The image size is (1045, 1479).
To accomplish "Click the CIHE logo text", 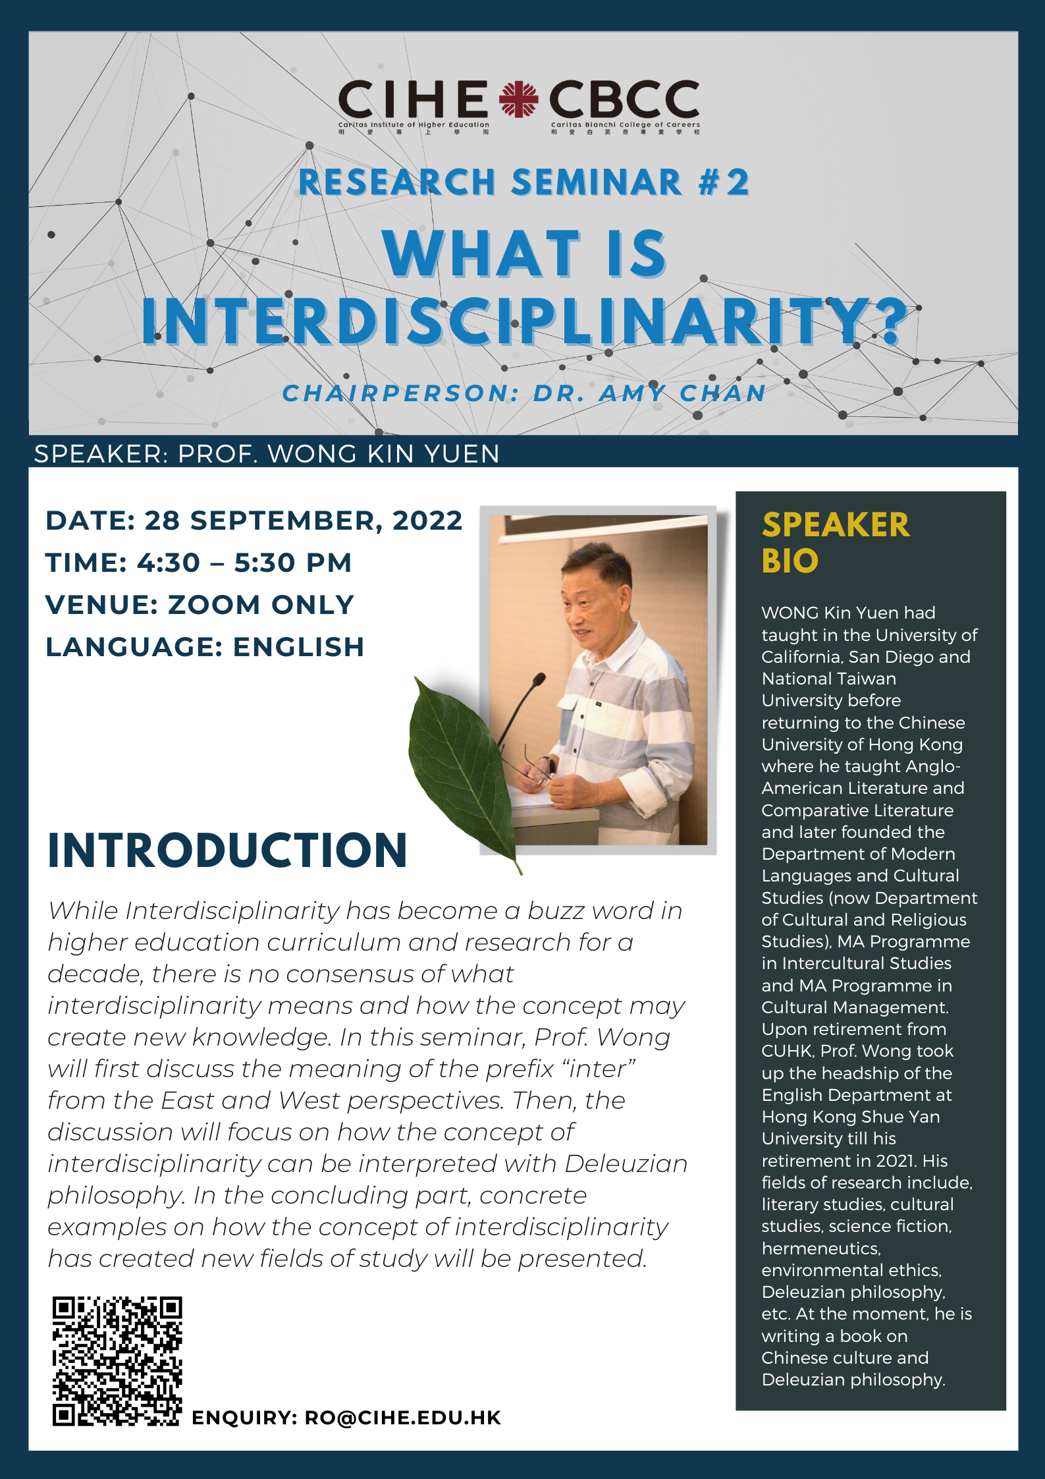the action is pyautogui.click(x=413, y=99).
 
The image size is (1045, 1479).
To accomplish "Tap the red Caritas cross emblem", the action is pyautogui.click(x=518, y=99).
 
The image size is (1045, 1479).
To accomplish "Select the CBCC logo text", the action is pyautogui.click(x=624, y=99).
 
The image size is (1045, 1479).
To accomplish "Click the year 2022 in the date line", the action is pyautogui.click(x=428, y=520).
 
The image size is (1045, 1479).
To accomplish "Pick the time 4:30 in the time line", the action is pyautogui.click(x=169, y=563).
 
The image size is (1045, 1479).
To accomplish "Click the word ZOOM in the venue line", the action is pyautogui.click(x=215, y=605).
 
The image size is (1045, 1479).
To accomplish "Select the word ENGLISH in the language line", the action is pyautogui.click(x=299, y=647).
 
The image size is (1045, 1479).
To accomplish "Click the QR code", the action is pyautogui.click(x=117, y=1361).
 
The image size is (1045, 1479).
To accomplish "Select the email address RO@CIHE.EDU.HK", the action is pyautogui.click(x=403, y=1418).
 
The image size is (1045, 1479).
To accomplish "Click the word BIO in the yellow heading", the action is pyautogui.click(x=790, y=561).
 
